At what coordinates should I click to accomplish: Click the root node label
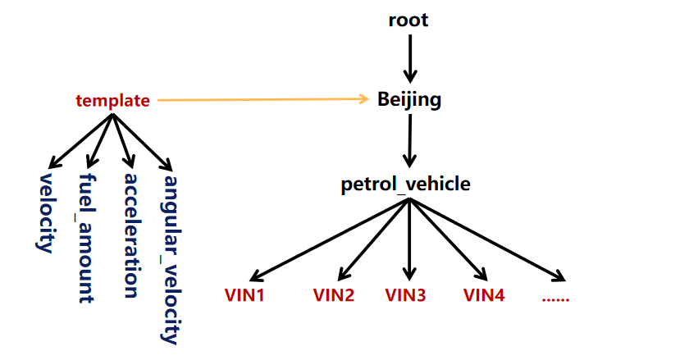[x=408, y=20]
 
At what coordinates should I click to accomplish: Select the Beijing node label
[x=409, y=100]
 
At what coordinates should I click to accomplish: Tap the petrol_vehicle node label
[x=406, y=184]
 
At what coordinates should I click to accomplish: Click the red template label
[x=113, y=101]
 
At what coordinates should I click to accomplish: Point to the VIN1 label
[x=244, y=295]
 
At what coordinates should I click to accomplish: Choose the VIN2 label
[x=333, y=295]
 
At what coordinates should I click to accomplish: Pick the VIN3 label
[x=405, y=295]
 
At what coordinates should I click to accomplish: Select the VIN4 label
[x=484, y=295]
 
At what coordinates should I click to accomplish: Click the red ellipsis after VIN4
[x=555, y=296]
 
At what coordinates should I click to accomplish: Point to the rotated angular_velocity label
[x=171, y=258]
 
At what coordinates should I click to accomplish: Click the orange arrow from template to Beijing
[x=262, y=100]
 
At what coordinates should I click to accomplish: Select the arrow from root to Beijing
[x=408, y=57]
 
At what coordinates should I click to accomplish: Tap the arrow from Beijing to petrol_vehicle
[x=408, y=141]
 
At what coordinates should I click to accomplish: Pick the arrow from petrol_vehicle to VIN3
[x=408, y=238]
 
